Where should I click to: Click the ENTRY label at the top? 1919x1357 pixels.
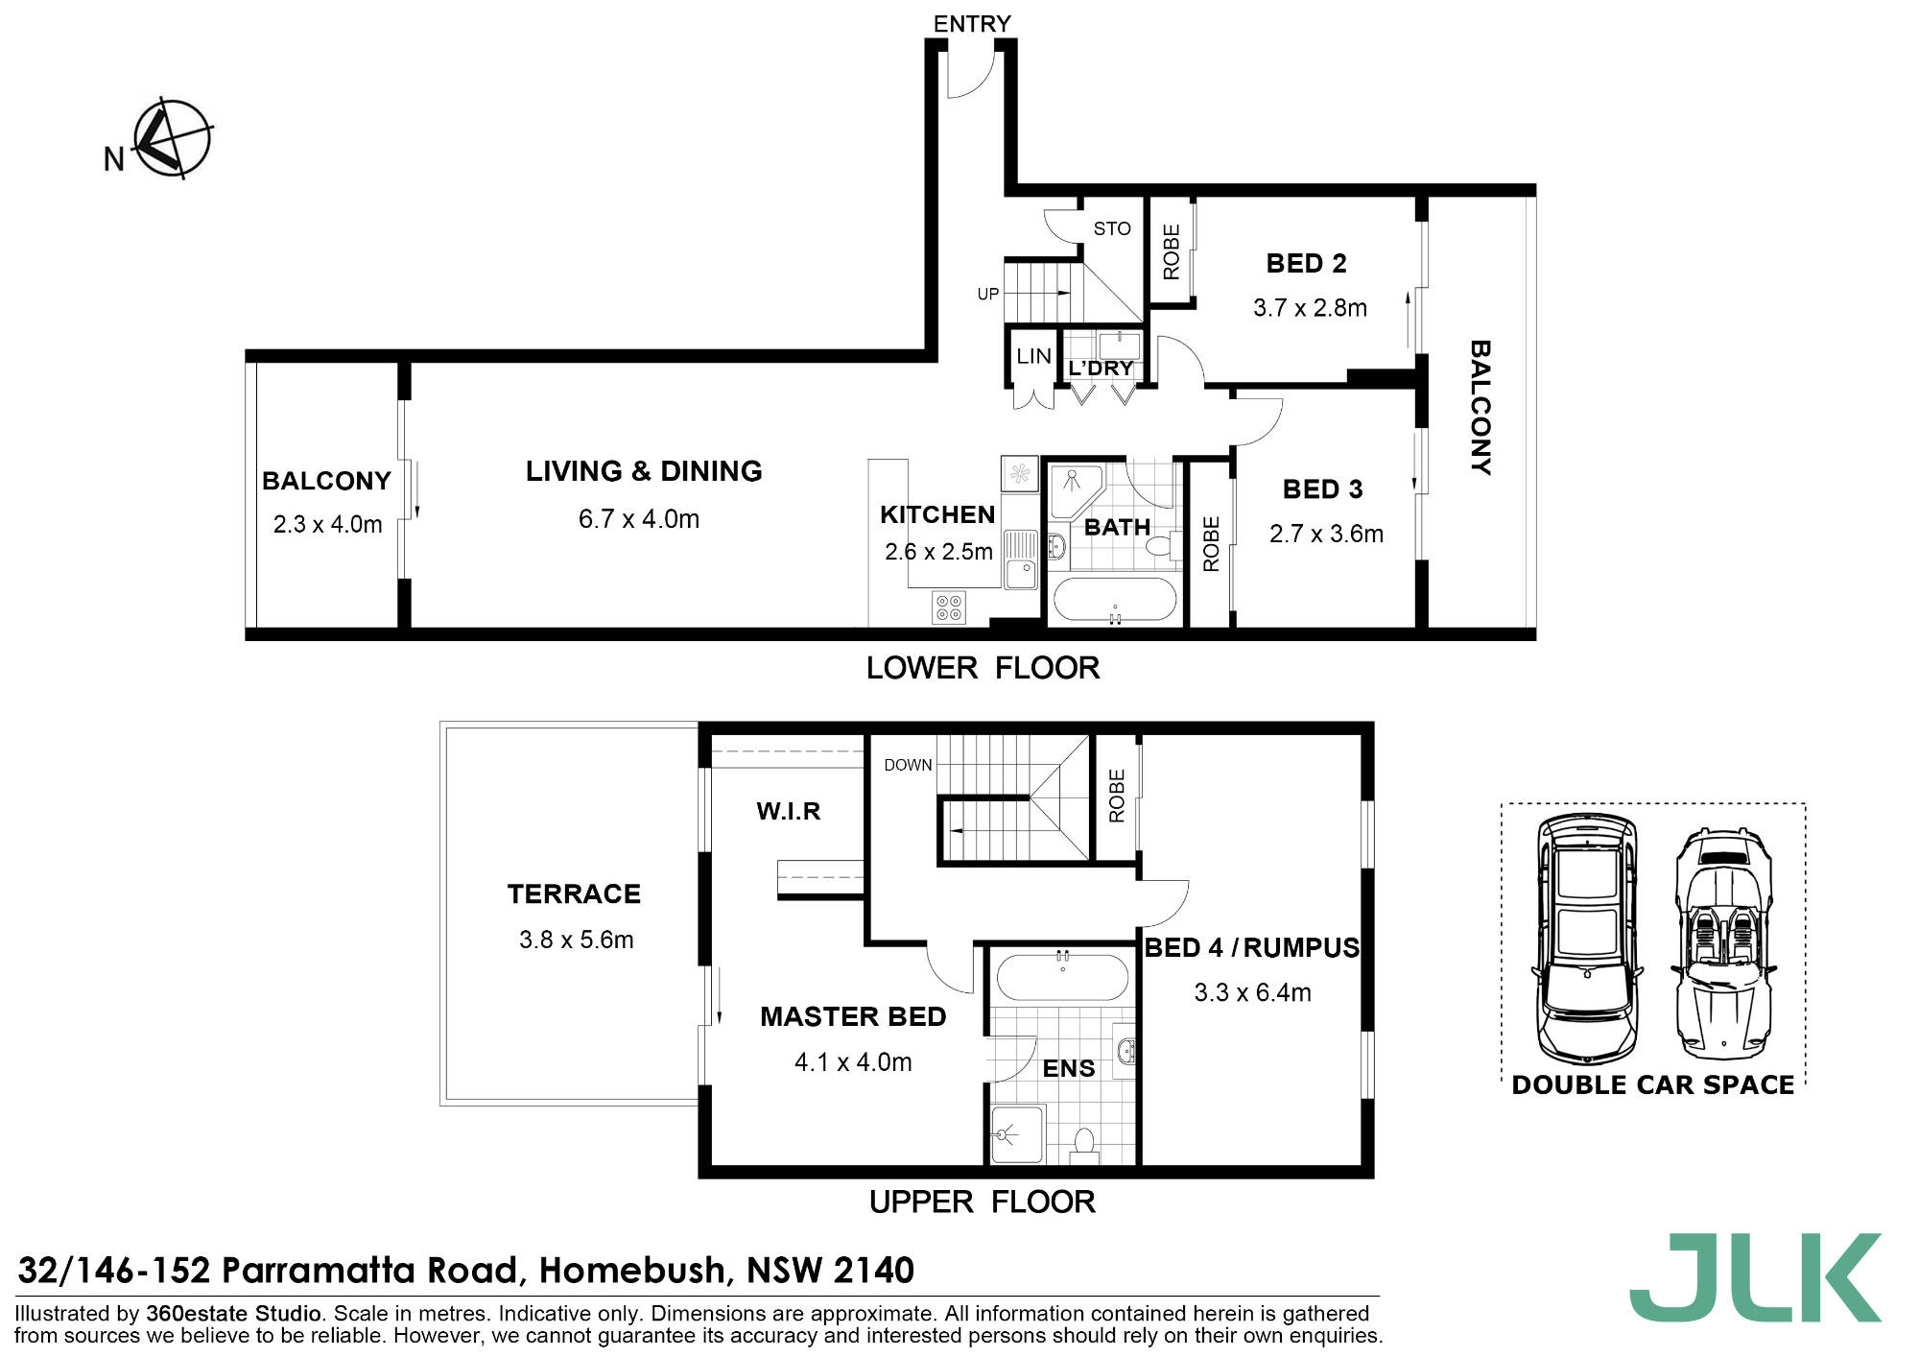(x=972, y=24)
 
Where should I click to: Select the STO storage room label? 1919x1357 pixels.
(x=1112, y=228)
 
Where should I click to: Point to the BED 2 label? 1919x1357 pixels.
(x=1306, y=263)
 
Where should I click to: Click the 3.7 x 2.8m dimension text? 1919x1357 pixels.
(x=1310, y=308)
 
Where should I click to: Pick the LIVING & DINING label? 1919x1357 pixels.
(x=644, y=471)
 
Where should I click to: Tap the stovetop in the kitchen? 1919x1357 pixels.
(x=948, y=607)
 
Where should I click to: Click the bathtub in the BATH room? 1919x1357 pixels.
(x=1114, y=599)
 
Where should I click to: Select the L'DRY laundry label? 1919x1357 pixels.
(x=1101, y=369)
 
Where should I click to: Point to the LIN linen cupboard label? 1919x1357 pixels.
(x=1033, y=356)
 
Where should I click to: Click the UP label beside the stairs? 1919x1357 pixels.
(x=987, y=294)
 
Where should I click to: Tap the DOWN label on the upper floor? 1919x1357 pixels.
(x=908, y=765)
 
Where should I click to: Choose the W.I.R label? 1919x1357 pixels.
(x=789, y=812)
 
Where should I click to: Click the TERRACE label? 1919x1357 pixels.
(x=574, y=894)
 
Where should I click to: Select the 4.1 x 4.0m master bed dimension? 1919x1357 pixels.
(x=853, y=1062)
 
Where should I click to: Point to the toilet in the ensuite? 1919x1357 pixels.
(x=1084, y=1145)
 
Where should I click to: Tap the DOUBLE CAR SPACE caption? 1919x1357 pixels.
(x=1652, y=1085)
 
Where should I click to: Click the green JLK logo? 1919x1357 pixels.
(x=1756, y=1277)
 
